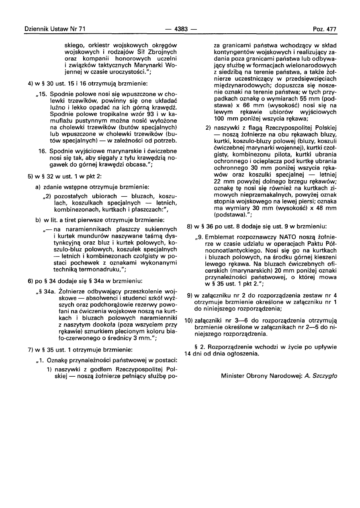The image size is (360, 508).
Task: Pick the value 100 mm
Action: coord(223,118)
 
